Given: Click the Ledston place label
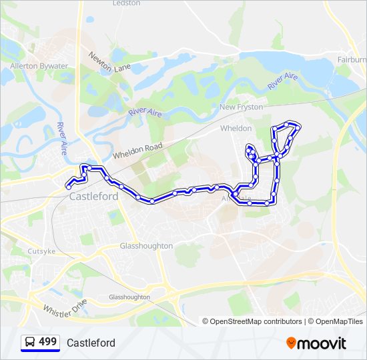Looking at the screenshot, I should click(127, 3).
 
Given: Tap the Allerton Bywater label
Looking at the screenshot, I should click(39, 66).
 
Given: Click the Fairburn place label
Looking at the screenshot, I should click(352, 59).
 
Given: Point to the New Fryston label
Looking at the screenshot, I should click(241, 107).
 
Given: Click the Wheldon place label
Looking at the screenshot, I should click(236, 128).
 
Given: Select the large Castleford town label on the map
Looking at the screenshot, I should click(93, 197).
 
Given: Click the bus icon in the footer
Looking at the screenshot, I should click(29, 343).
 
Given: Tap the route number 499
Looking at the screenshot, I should click(48, 342).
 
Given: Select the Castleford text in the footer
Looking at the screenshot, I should click(91, 343).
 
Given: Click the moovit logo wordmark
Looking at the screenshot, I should click(322, 343).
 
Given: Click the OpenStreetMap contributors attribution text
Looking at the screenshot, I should click(256, 321).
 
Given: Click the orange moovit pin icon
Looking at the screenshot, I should click(292, 343).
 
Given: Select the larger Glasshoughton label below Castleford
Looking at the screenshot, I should click(146, 246).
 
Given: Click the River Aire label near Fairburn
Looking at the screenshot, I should click(282, 82).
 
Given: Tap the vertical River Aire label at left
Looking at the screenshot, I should click(62, 139).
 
